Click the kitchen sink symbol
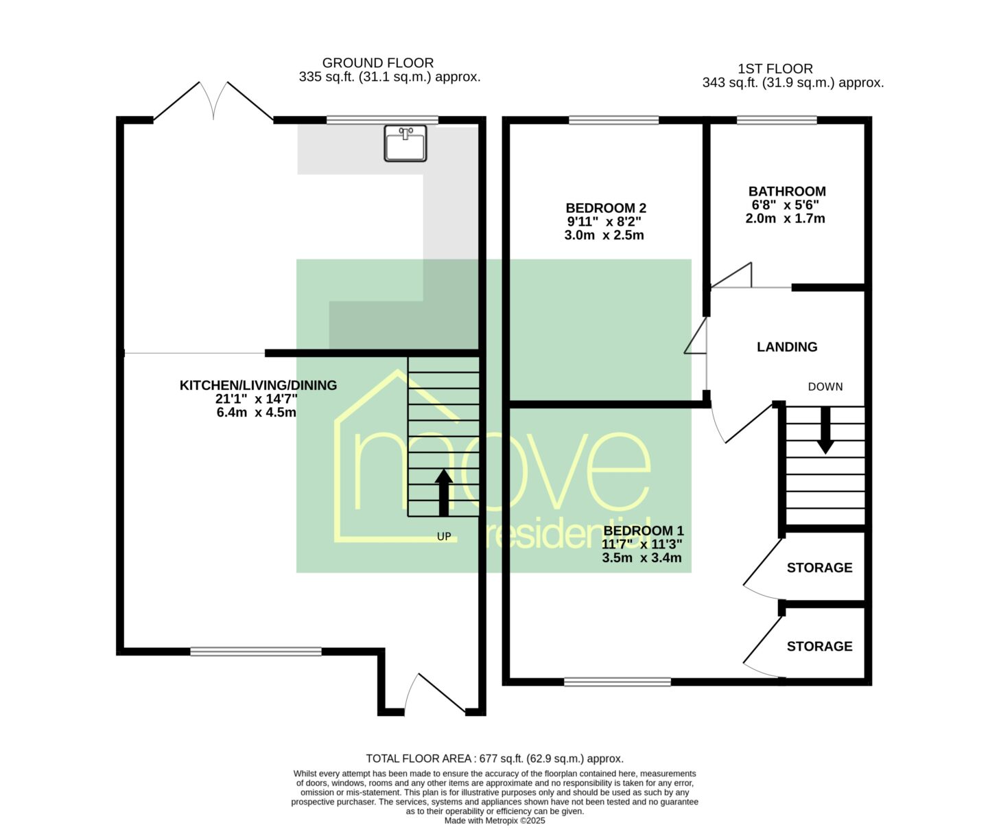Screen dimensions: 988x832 click(x=405, y=143)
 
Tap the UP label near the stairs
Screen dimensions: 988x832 click(x=444, y=537)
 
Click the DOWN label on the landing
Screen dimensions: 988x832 click(x=825, y=387)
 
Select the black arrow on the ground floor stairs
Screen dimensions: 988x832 click(x=443, y=492)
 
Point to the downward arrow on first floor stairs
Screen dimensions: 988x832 click(x=825, y=430)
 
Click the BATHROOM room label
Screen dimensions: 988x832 click(x=787, y=192)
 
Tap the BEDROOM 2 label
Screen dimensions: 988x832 click(x=606, y=208)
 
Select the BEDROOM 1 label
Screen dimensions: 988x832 click(x=643, y=531)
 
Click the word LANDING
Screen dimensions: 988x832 click(x=787, y=347)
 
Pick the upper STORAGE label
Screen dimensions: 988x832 click(x=819, y=568)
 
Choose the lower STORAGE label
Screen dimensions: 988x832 click(x=819, y=647)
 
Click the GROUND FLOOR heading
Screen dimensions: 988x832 click(x=377, y=63)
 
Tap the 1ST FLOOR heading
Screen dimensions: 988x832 click(x=775, y=69)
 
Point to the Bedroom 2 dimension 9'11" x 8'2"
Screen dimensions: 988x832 click(x=604, y=222)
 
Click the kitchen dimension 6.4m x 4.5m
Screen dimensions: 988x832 click(x=257, y=413)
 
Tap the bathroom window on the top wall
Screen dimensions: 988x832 click(x=777, y=120)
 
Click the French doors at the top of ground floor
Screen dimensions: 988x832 click(x=213, y=101)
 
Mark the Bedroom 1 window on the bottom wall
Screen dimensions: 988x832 click(x=617, y=682)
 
